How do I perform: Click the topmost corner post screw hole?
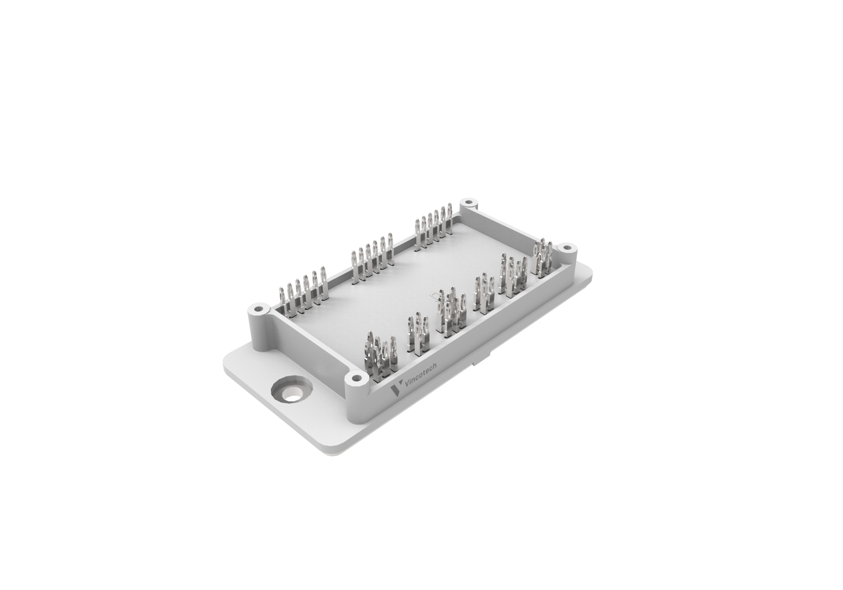468,203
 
